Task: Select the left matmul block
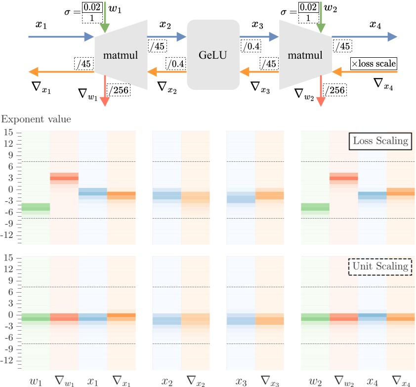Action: click(122, 55)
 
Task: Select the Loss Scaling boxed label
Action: click(380, 141)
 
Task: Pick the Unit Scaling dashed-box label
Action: click(380, 267)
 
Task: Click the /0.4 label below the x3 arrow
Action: click(251, 46)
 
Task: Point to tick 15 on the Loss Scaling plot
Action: click(8, 133)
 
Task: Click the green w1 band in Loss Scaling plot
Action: click(36, 207)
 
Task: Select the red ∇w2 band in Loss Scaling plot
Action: click(343, 178)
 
